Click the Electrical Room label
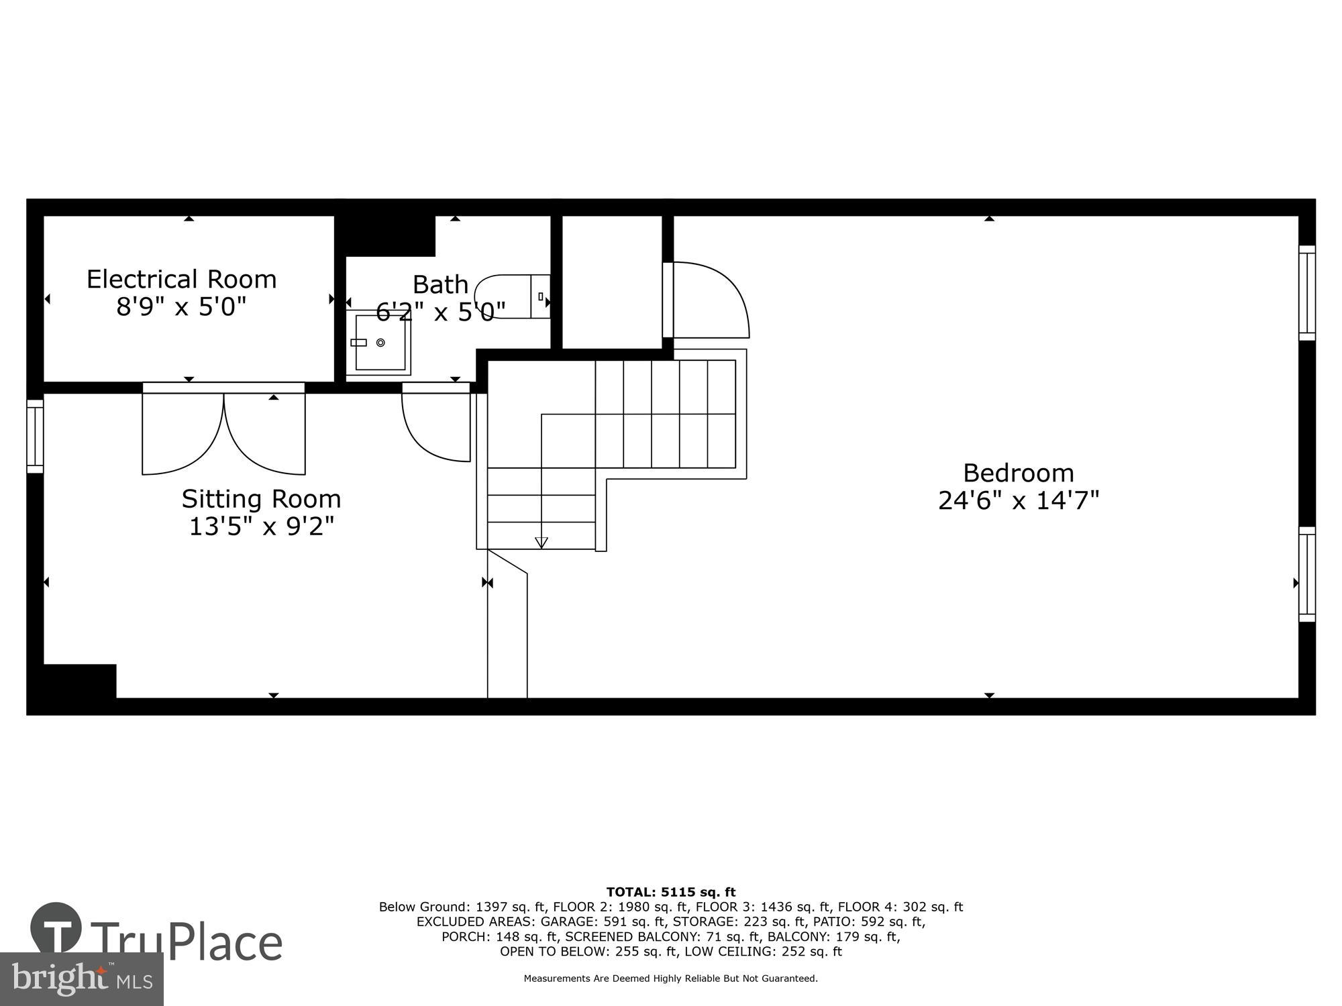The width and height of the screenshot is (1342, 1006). [x=181, y=279]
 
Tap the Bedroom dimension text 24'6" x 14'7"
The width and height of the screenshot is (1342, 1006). [x=1018, y=501]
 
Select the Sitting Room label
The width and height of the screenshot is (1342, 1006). [x=261, y=499]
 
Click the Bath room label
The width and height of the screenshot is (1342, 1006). [x=440, y=284]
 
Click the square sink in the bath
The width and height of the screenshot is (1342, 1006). [x=380, y=343]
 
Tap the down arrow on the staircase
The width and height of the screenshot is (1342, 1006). [x=541, y=543]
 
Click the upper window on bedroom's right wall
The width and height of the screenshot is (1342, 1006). [x=1306, y=292]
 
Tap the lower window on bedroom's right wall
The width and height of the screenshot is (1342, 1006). [x=1306, y=574]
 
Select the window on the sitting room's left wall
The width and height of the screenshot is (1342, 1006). [x=35, y=436]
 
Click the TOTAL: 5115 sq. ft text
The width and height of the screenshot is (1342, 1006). [x=671, y=892]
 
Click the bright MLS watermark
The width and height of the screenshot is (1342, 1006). [x=82, y=979]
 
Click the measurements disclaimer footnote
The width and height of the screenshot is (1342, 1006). [x=671, y=979]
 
